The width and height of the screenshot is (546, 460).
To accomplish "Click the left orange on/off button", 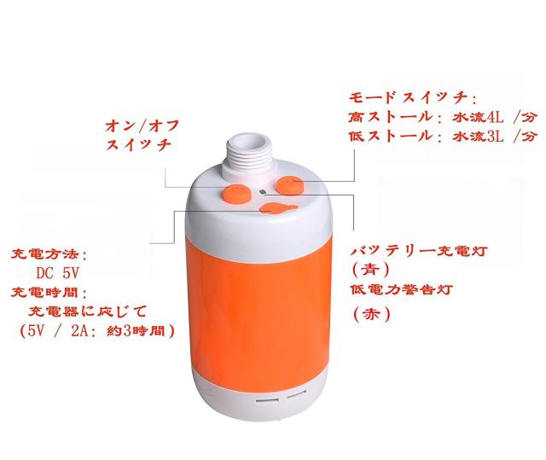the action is tap(236, 195).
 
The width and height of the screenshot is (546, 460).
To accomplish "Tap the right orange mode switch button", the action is tap(289, 185).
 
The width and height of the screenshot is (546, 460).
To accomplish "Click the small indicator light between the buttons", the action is tap(263, 191).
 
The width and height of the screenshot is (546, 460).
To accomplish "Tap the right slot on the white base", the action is tap(297, 396).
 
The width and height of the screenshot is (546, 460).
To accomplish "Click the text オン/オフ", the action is tap(142, 125).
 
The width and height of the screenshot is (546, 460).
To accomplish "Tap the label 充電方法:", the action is tap(49, 254).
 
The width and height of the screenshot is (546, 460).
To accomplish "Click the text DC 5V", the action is tap(58, 273).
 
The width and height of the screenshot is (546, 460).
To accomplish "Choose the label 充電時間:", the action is tap(49, 292).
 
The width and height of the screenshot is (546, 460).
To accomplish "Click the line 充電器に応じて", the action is tap(87, 311).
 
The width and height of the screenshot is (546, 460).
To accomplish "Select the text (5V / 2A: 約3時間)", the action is tap(97, 331).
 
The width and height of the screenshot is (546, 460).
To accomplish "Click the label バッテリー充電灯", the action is tap(418, 251).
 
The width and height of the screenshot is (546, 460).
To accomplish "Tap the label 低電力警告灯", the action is tap(401, 289).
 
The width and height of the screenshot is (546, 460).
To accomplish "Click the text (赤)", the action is tap(372, 315).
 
